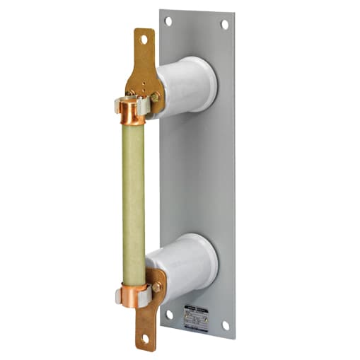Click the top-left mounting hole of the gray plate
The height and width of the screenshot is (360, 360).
[168, 21]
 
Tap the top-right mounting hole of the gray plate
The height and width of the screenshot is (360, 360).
[224, 24]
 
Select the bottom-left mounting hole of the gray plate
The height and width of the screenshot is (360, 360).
[168, 313]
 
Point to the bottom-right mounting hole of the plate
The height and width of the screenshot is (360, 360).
[225, 325]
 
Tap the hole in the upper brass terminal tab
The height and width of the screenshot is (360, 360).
[144, 40]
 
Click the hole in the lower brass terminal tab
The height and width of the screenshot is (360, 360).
[145, 339]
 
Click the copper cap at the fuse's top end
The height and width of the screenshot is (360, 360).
[132, 111]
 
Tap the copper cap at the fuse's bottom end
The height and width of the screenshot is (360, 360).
[132, 295]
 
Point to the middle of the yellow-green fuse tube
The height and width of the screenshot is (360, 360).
[133, 202]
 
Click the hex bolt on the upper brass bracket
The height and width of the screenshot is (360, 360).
[155, 96]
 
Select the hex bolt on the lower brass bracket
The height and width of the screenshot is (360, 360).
[156, 286]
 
